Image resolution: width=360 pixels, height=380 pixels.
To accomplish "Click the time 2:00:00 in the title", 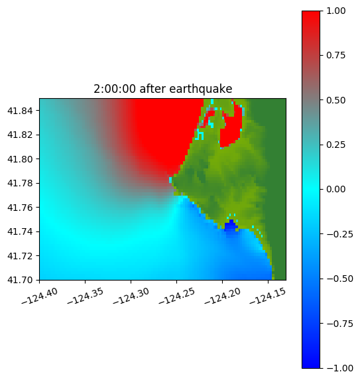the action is [114, 89].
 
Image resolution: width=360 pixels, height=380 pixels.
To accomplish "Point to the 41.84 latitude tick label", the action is [20, 111].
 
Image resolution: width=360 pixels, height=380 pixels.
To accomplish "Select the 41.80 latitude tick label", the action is [20, 159].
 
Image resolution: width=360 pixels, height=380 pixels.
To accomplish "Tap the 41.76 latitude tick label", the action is [20, 208].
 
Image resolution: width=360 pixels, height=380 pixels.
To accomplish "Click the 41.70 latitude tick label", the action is [20, 280].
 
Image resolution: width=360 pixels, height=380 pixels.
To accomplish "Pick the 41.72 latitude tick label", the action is [20, 256].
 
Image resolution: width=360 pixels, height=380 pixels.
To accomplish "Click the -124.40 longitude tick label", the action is [40, 296].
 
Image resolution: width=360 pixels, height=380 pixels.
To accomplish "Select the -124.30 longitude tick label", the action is [131, 296].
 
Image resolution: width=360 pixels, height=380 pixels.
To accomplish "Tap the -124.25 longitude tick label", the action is [176, 296].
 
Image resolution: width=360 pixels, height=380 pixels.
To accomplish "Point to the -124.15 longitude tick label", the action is [268, 296].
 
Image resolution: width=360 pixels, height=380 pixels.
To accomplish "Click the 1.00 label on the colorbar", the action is [335, 11].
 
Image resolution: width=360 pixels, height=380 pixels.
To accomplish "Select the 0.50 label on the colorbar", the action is [335, 100].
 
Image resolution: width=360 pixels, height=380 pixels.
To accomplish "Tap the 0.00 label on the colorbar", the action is [335, 189].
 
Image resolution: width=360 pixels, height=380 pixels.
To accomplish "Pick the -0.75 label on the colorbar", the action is [339, 324].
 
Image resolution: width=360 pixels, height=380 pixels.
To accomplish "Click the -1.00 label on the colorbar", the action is [339, 368].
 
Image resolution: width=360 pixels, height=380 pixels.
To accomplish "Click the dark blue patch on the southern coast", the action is [231, 225].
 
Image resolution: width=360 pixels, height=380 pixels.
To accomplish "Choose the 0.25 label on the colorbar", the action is [335, 145].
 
